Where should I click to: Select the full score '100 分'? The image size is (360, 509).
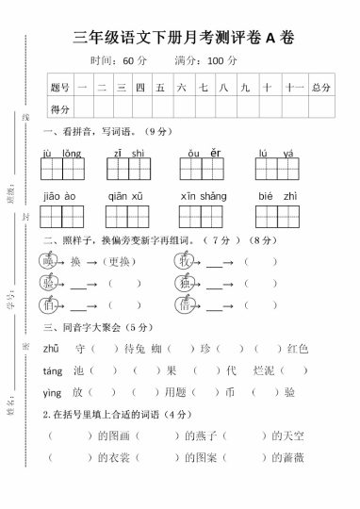pos(222,61)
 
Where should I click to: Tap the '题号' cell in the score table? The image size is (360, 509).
pos(60,88)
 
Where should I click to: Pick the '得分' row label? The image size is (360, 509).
pos(60,109)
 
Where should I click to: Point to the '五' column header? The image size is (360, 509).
pos(160,88)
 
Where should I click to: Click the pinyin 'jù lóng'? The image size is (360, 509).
pos(62,153)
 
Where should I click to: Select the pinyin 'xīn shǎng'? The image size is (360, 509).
pos(203,196)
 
